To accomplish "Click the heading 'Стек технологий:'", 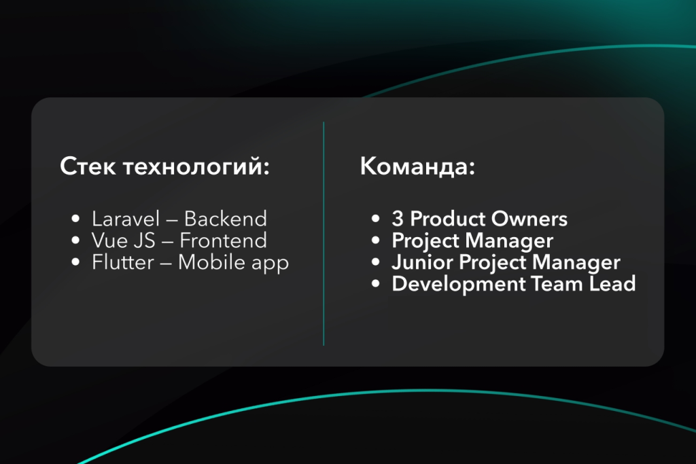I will [x=164, y=167].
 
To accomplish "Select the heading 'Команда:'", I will [x=417, y=167].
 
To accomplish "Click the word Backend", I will [x=226, y=219].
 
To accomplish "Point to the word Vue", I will [x=109, y=240].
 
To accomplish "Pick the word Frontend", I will [x=224, y=240].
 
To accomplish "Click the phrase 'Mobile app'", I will [x=234, y=263].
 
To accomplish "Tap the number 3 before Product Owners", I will [x=398, y=219].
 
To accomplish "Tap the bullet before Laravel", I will [x=76, y=219].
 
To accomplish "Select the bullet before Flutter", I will [x=76, y=263].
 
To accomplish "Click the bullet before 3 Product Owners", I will [x=376, y=219].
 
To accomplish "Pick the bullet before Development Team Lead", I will [x=376, y=285].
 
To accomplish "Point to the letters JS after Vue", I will [x=147, y=240].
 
